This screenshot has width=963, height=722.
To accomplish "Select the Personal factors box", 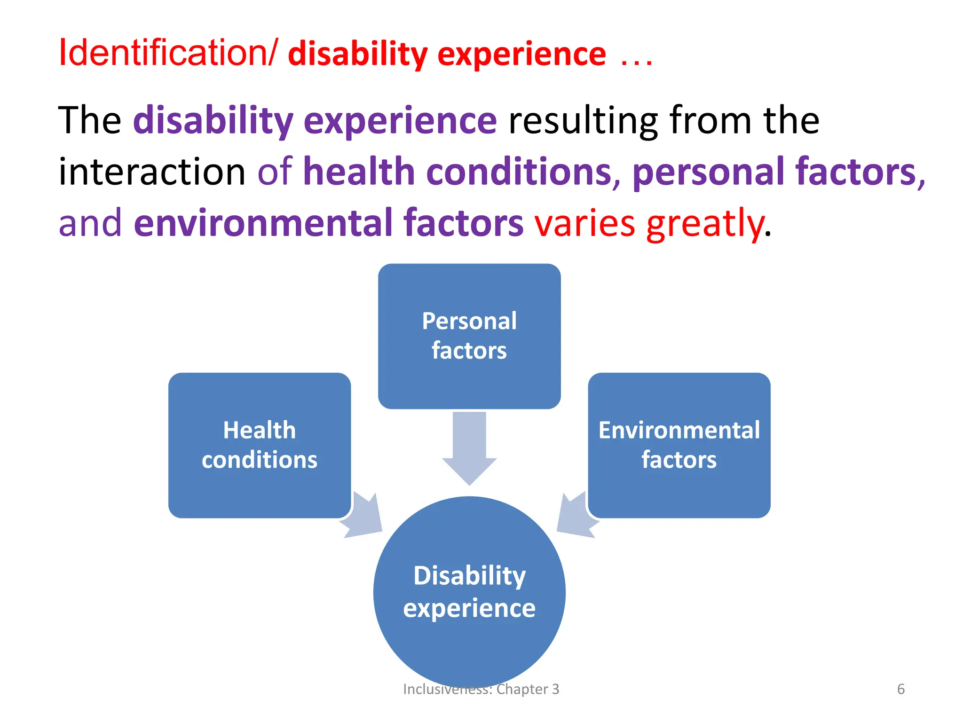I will [469, 336].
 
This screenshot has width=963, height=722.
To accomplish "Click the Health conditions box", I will [259, 445].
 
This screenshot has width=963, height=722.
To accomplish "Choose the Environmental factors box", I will [679, 445].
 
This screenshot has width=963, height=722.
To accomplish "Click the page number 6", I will [900, 689].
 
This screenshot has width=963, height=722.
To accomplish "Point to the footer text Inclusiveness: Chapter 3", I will [481, 689].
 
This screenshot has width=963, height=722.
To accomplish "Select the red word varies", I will [585, 223].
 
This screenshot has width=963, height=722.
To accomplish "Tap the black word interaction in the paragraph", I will [152, 172].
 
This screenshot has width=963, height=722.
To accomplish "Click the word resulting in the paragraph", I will [583, 121].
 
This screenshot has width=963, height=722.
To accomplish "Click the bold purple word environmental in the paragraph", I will [263, 223].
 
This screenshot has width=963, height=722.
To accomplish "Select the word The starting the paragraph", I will [89, 120].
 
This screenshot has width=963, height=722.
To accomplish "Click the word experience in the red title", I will [521, 55].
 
